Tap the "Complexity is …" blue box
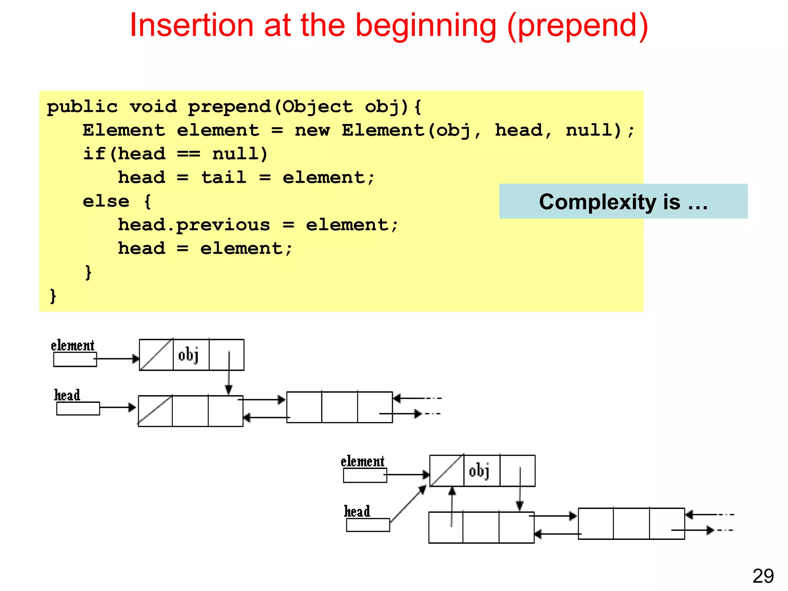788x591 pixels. (x=623, y=202)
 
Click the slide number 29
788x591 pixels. (x=763, y=576)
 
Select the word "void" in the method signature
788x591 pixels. (x=153, y=107)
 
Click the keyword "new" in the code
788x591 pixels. (x=312, y=130)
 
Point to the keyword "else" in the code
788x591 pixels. (x=106, y=201)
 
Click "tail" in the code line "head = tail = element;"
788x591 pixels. (x=224, y=178)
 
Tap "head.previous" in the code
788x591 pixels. (x=194, y=225)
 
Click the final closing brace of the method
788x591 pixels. (x=53, y=296)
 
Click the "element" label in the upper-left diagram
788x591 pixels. (x=72, y=346)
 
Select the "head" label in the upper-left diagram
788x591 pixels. (x=67, y=395)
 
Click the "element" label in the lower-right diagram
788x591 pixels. (x=362, y=461)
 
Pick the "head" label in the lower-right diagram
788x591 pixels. (x=357, y=511)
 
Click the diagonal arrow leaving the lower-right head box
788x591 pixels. (x=408, y=504)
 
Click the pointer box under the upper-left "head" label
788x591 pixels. (x=78, y=408)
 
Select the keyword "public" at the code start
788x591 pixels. (x=82, y=107)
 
